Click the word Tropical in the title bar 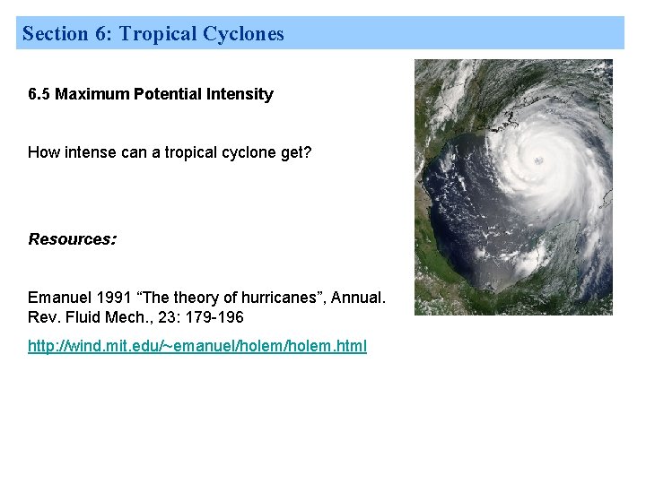pos(158,34)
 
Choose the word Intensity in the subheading pos(240,94)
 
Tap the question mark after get pos(308,152)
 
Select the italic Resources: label pos(72,239)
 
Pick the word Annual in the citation pos(358,297)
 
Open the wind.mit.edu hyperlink pos(197,346)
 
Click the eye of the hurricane pos(538,160)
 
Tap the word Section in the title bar pos(55,34)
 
